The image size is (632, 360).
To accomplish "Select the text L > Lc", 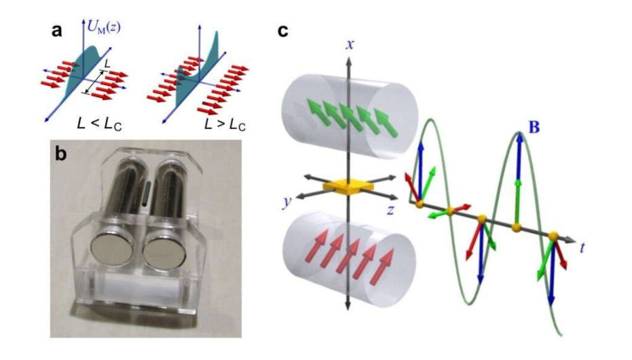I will (207, 126).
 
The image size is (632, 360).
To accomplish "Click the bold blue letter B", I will (534, 127).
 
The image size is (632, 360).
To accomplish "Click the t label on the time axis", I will (583, 247).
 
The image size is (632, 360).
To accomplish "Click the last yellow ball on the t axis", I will (553, 236).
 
